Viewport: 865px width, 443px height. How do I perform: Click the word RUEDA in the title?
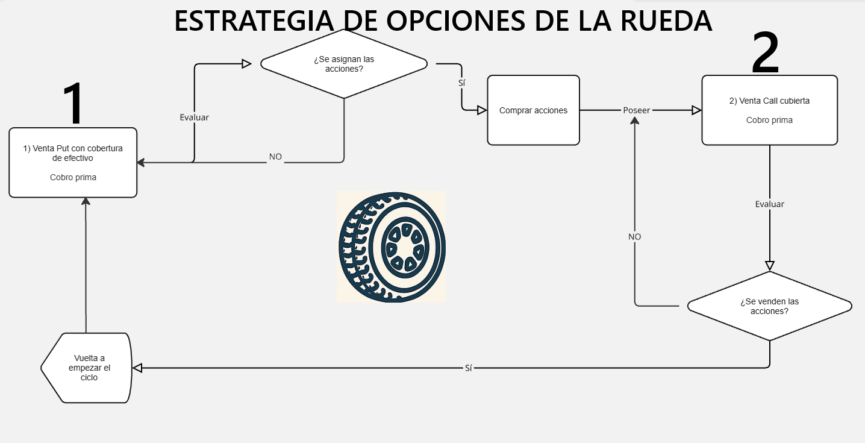(x=666, y=21)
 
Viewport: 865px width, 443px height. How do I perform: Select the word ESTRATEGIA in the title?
(x=254, y=21)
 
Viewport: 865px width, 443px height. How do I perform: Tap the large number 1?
(x=73, y=103)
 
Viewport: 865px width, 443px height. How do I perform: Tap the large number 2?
(x=766, y=52)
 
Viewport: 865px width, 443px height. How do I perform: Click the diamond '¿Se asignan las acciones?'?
(x=344, y=64)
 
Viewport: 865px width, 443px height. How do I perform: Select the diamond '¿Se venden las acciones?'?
(x=770, y=306)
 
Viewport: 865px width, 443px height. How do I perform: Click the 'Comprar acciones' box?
(x=533, y=110)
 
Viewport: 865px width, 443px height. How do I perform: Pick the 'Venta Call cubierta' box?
(x=770, y=110)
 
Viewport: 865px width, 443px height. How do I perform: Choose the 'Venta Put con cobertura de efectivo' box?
(x=73, y=163)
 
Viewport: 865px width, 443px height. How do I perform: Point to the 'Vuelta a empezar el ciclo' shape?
(x=87, y=368)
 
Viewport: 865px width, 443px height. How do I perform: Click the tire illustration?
(x=392, y=247)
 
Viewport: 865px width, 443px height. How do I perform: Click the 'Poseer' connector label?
(x=636, y=110)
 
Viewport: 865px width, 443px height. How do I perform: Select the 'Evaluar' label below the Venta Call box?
(x=770, y=204)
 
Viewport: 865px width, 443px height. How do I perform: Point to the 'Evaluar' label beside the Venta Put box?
(x=194, y=118)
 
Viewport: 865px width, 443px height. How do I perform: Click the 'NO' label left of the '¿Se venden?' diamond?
(x=634, y=237)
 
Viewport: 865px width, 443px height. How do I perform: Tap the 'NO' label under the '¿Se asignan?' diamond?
(x=275, y=157)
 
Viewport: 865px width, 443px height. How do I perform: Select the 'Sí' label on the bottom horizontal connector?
(x=469, y=368)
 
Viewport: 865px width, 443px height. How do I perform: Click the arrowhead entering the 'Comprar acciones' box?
(x=482, y=110)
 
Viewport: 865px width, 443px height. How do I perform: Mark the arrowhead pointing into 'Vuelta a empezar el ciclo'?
(x=137, y=368)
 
